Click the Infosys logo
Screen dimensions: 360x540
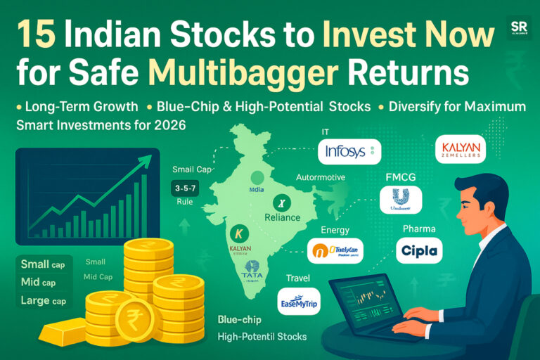349,151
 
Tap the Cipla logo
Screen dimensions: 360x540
419,250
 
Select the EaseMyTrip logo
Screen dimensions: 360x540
299,301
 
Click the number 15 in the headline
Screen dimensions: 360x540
36,34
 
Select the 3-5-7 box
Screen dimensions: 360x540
185,188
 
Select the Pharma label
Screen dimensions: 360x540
419,229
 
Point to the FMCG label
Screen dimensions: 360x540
401,176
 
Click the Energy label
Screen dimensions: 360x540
335,229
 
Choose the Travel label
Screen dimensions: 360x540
297,278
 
